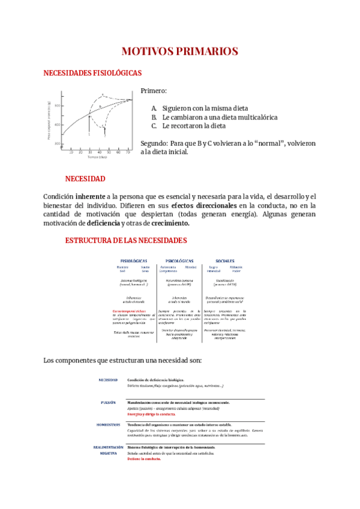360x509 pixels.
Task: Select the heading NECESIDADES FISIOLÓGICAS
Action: [x=92, y=73]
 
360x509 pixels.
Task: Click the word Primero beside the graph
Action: [x=154, y=91]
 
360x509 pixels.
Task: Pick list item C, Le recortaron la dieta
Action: [x=188, y=126]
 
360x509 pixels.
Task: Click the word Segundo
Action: [x=154, y=143]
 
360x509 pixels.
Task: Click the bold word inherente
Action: [x=90, y=196]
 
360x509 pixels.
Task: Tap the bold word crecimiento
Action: [x=170, y=223]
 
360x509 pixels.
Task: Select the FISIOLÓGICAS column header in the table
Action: [x=134, y=261]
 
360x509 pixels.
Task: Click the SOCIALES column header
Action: [x=224, y=261]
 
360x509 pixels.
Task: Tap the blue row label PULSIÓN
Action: [x=109, y=402]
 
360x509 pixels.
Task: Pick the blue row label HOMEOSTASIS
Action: [x=108, y=424]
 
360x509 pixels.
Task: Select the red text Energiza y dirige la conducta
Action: [x=151, y=414]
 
